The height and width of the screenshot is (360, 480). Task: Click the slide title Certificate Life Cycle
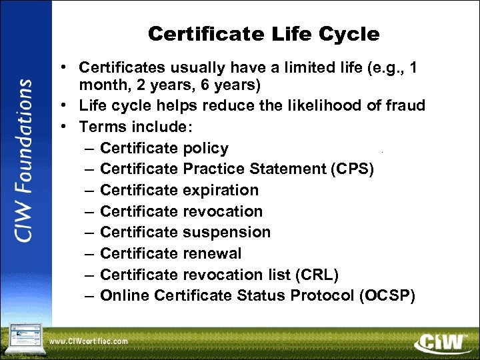point(263,34)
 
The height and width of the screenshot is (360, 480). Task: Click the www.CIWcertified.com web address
point(88,341)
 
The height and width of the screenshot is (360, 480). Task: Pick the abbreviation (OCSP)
point(387,296)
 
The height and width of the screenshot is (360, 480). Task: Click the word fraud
point(405,105)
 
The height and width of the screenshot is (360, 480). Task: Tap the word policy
point(205,148)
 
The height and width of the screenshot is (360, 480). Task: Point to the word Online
point(122,296)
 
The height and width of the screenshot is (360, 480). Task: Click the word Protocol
point(321,296)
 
